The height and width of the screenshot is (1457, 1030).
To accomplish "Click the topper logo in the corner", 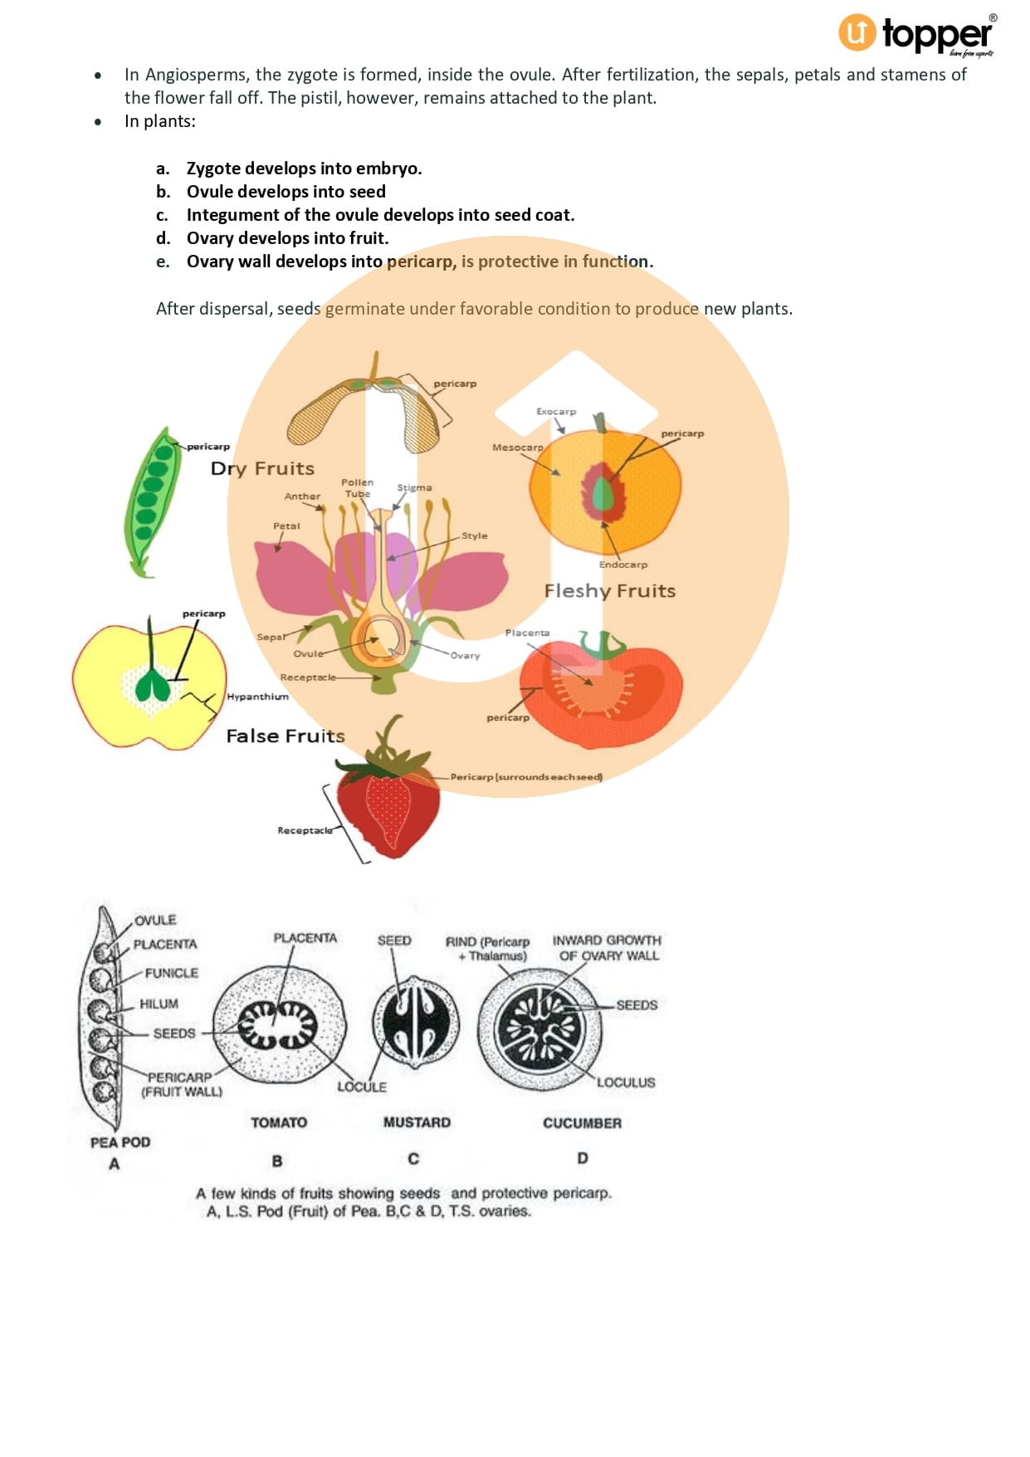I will pyautogui.click(x=916, y=35).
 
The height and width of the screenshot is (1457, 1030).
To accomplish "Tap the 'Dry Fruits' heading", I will pyautogui.click(x=262, y=468).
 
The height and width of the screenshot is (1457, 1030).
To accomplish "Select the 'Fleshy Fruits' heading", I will pyautogui.click(x=609, y=591).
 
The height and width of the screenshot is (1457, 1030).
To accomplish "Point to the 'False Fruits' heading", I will pyautogui.click(x=285, y=736).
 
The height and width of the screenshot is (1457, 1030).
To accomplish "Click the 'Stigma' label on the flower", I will pyautogui.click(x=414, y=488).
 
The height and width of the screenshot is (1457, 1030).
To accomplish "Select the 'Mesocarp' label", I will pyautogui.click(x=517, y=447).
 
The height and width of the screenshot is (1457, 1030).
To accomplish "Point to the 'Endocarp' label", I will pyautogui.click(x=622, y=565).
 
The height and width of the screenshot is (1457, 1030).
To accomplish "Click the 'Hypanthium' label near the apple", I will pyautogui.click(x=257, y=697).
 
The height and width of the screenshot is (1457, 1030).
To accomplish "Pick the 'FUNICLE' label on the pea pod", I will pyautogui.click(x=171, y=973).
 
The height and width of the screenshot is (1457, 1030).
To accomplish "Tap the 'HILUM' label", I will pyautogui.click(x=159, y=1004).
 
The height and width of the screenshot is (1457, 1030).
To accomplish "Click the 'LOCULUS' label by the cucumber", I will pyautogui.click(x=626, y=1083).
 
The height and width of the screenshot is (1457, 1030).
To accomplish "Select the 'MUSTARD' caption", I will pyautogui.click(x=417, y=1122).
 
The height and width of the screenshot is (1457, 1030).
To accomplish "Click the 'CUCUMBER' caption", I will pyautogui.click(x=582, y=1123).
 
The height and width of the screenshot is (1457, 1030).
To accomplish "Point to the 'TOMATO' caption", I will pyautogui.click(x=279, y=1122).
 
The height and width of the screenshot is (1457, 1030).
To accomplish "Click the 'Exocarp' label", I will pyautogui.click(x=555, y=412).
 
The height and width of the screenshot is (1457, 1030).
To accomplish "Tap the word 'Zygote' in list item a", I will pyautogui.click(x=213, y=169).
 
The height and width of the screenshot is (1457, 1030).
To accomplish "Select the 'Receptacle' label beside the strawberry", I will pyautogui.click(x=304, y=830).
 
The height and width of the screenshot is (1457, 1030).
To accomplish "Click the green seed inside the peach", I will pyautogui.click(x=603, y=496).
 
